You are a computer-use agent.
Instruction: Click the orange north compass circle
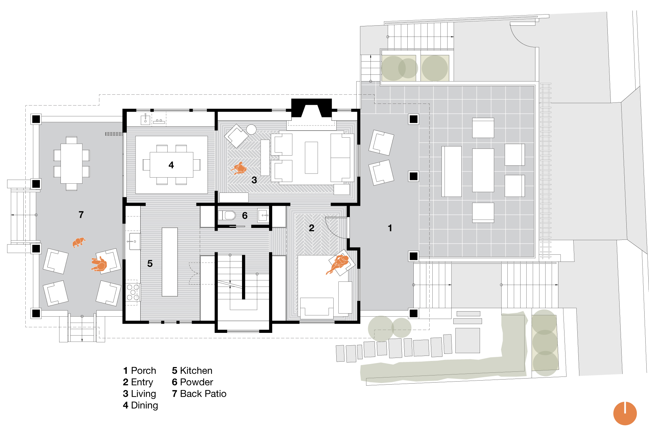625,413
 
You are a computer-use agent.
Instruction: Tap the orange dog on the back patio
79,242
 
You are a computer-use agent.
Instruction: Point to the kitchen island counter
170,262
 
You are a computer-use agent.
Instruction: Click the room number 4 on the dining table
171,165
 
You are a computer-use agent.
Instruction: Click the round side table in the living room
251,129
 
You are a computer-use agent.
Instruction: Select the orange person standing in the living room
239,168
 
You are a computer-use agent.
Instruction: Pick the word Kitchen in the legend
196,371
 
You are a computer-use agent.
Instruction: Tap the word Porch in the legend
143,371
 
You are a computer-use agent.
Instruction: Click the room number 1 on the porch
390,228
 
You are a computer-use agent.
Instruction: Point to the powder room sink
263,215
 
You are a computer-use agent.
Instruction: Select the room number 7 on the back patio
81,215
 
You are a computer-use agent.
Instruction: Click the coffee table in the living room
311,158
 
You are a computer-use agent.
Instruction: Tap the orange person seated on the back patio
99,264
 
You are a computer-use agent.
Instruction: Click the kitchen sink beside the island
135,242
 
